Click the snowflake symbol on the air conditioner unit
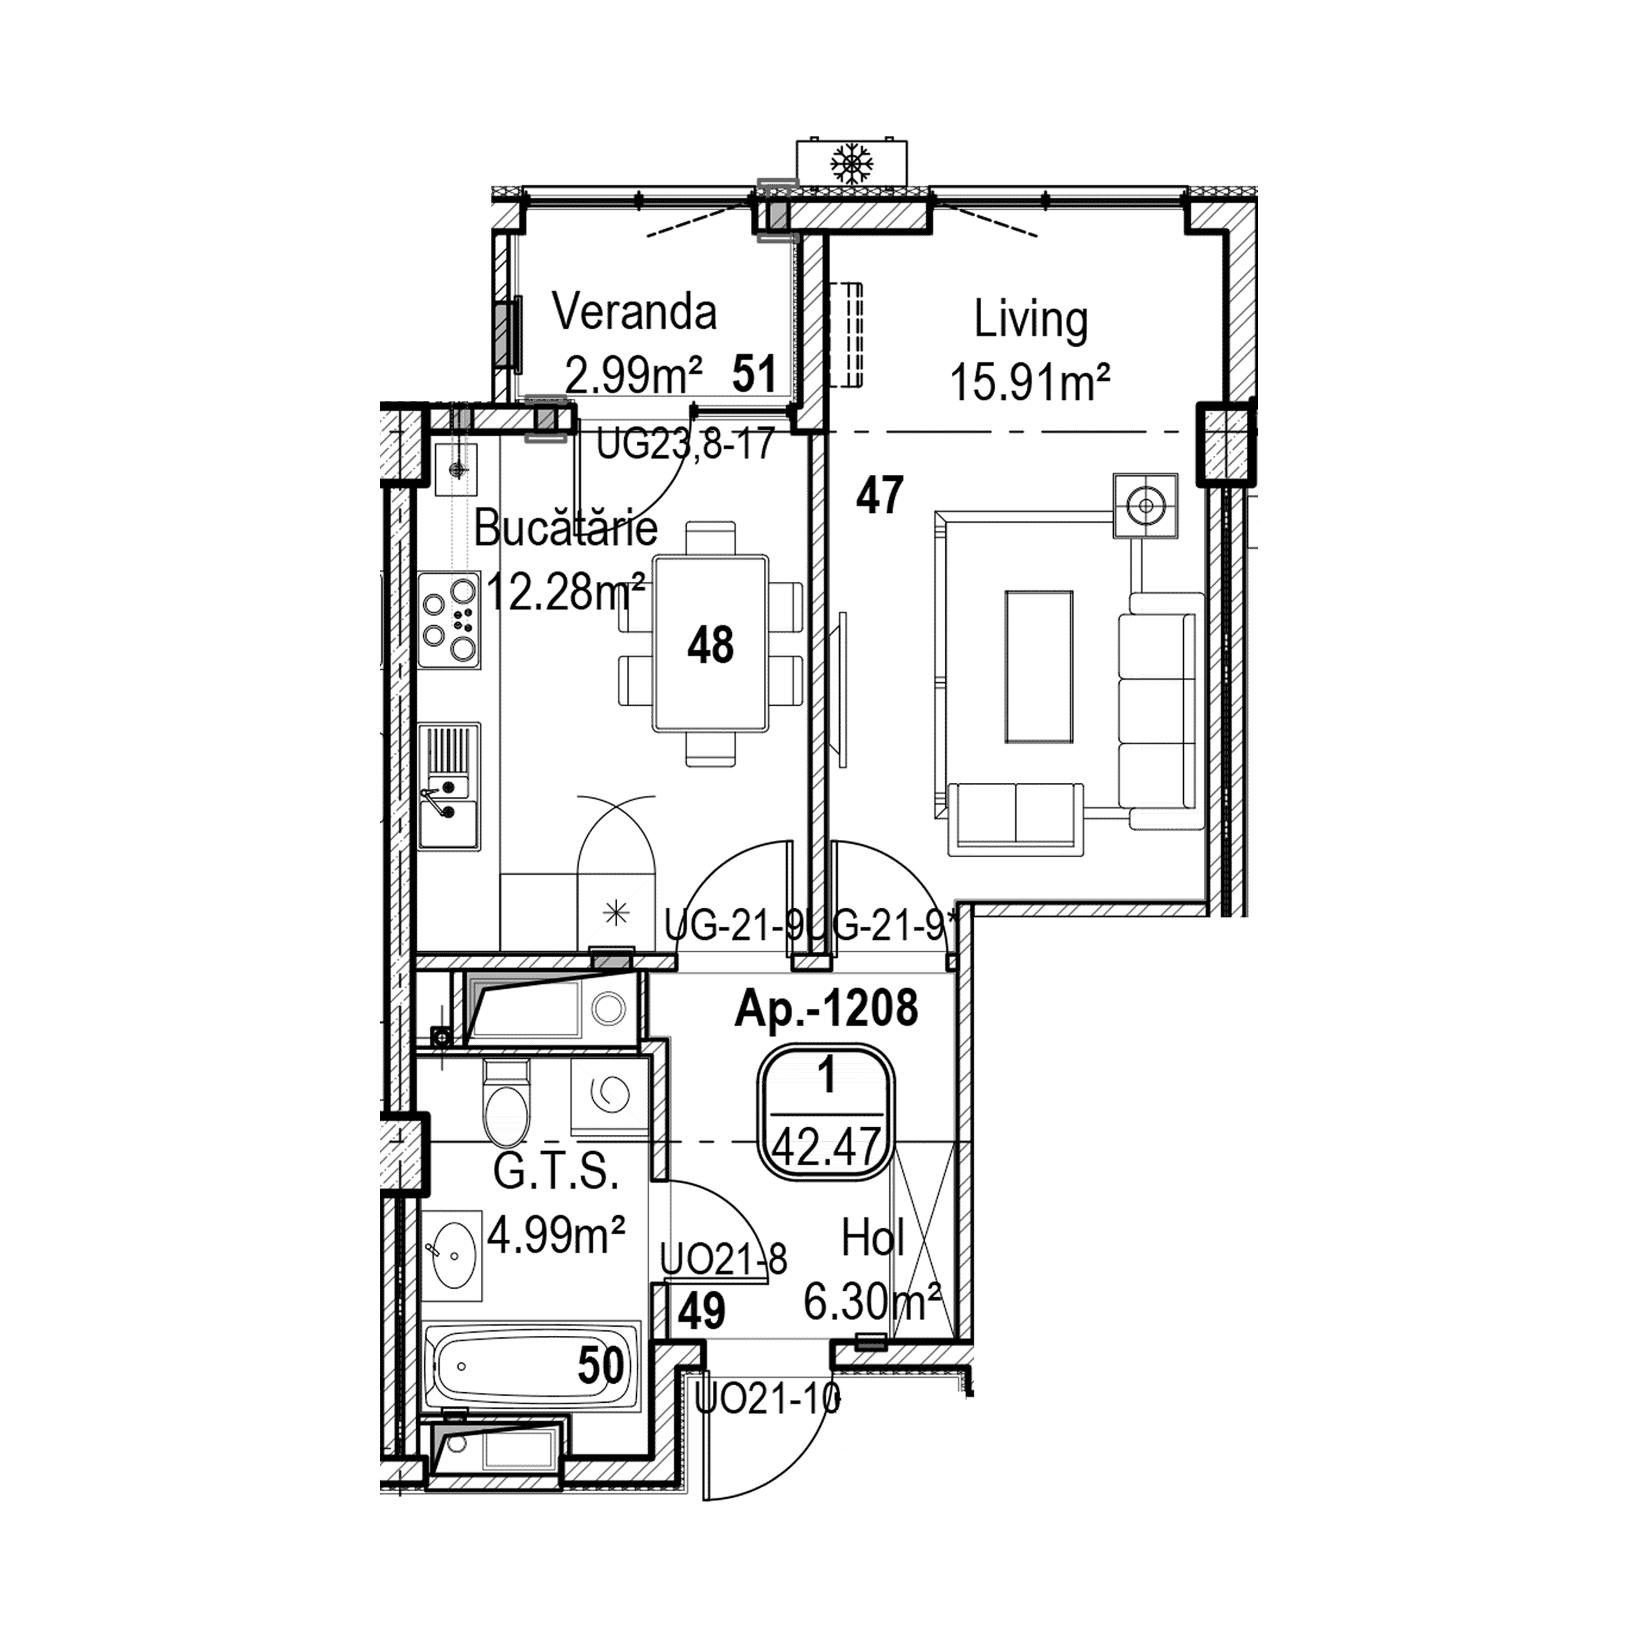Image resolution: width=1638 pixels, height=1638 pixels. coord(851,162)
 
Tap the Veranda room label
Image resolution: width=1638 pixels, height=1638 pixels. coord(634,311)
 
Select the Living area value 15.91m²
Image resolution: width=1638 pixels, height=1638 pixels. coord(1030,383)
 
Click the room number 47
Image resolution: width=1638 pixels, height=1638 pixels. coord(879,495)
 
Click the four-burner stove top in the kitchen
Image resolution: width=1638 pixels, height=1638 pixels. coord(449,619)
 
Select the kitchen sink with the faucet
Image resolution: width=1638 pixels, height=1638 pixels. coord(449,786)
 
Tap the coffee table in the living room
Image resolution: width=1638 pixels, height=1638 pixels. coord(1038,667)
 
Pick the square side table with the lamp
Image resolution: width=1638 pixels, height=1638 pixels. coord(1145,505)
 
